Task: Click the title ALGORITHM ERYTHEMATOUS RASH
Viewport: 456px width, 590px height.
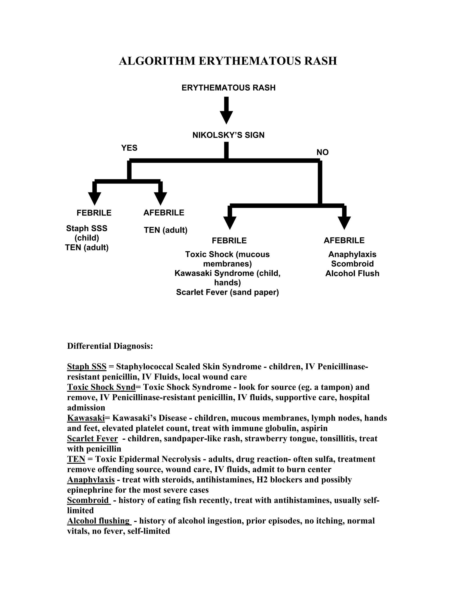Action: coord(228,61)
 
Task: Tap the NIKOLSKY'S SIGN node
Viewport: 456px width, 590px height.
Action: coord(228,135)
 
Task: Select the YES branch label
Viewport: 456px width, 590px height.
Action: coord(129,148)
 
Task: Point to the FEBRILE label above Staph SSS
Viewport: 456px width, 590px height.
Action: coord(94,213)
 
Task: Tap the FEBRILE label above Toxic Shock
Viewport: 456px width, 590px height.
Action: coord(229,240)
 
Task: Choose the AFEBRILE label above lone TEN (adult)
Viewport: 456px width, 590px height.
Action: coord(164,213)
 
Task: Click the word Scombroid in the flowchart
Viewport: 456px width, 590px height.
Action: coord(352,264)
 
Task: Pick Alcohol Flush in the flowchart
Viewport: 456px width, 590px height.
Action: coord(352,273)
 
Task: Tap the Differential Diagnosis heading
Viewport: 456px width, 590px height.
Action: coord(110,346)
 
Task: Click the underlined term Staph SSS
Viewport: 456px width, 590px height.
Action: coord(87,367)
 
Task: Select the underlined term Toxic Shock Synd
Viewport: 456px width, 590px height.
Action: coord(101,387)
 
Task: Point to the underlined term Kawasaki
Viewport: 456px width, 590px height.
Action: coord(86,418)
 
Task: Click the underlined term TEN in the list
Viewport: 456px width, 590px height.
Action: coord(76,459)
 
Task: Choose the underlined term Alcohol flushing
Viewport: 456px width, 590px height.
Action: coord(98,521)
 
